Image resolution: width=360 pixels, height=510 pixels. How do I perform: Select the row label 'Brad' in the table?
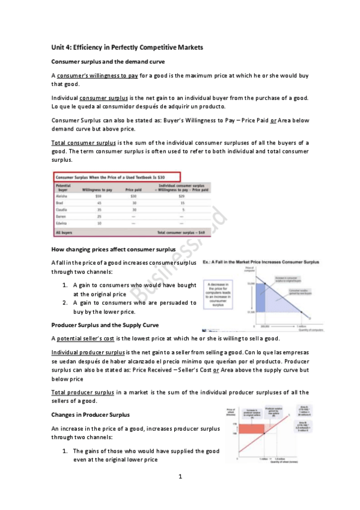[60, 203]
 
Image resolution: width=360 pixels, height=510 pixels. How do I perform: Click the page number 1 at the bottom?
[180, 477]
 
